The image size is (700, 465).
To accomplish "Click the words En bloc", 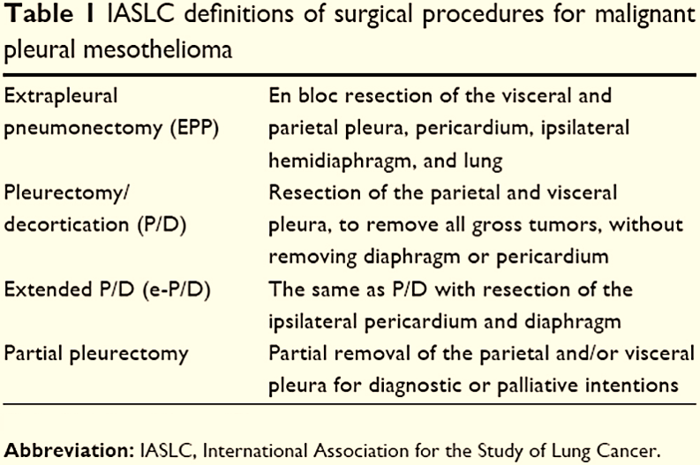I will [x=300, y=95].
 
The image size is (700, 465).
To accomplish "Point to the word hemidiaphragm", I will [x=330, y=160].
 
